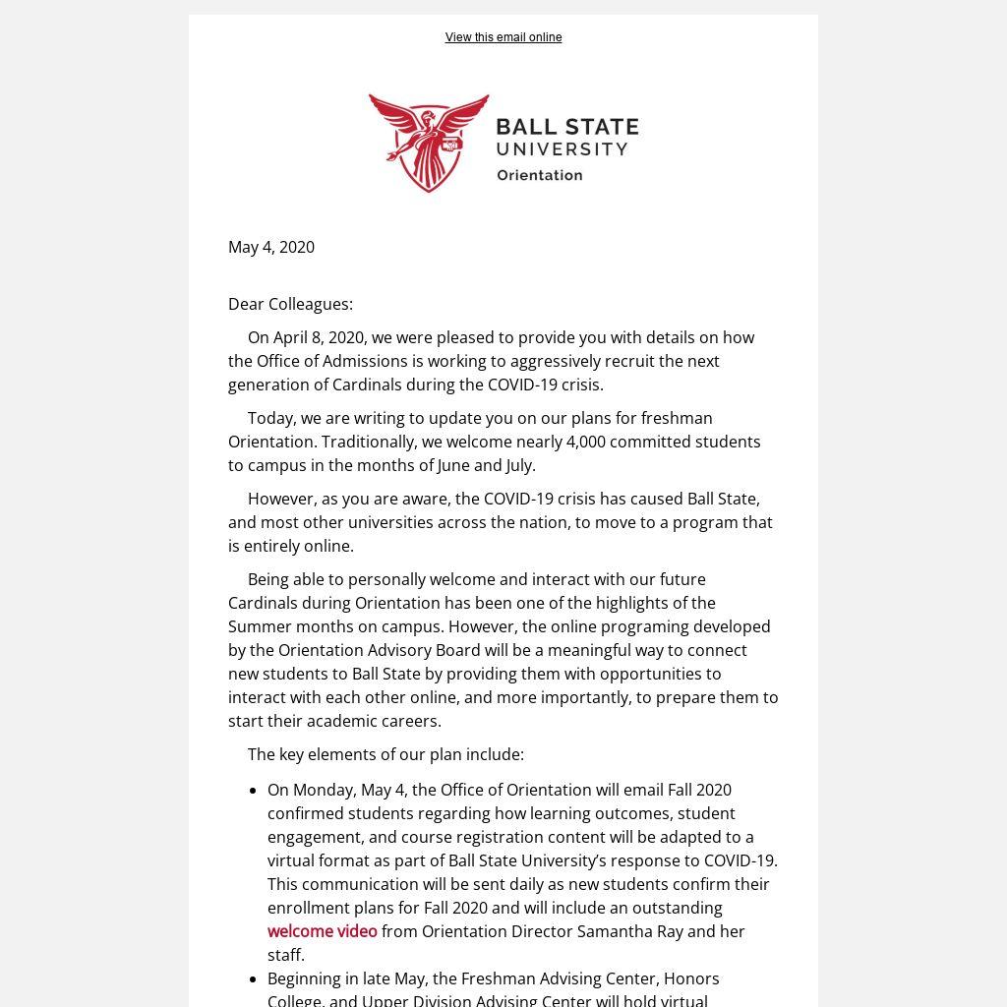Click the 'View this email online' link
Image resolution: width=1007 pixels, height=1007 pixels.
[503, 37]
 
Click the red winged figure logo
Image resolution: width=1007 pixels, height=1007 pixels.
[428, 142]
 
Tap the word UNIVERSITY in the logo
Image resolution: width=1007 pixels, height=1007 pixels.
[562, 149]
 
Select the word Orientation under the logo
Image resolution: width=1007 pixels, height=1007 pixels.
[539, 175]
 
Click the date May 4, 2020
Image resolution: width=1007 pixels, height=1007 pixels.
[271, 247]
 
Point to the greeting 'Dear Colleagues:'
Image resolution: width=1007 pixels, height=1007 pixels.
[290, 304]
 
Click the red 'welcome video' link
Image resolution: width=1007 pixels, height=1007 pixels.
[323, 931]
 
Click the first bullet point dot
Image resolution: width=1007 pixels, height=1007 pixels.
[255, 791]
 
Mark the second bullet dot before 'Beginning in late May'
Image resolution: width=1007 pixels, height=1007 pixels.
[255, 979]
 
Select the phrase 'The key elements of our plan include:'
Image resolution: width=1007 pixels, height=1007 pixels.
[385, 754]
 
